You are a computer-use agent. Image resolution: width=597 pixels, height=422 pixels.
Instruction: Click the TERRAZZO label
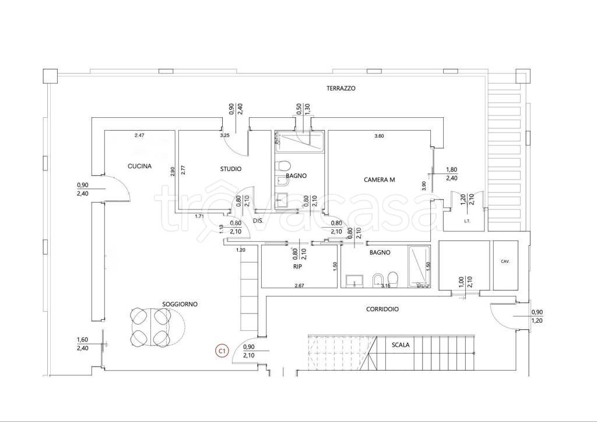coord(340,88)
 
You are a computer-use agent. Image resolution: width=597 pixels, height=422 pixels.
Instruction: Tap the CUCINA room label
coord(139,166)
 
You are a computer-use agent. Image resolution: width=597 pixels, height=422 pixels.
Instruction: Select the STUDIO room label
coord(231,169)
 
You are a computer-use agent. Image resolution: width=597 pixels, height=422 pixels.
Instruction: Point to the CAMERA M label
coord(379,180)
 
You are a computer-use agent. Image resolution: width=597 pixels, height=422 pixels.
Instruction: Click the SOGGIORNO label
coord(180,304)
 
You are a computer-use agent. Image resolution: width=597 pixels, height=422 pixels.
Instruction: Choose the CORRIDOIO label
coord(382,309)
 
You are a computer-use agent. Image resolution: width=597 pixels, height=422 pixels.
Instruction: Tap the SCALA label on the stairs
coord(401,345)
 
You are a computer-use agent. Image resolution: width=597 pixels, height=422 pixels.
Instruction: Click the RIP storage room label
coord(297,267)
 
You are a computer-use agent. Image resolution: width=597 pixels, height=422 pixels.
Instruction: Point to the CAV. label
coord(505,261)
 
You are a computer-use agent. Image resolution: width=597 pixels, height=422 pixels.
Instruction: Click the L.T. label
coord(467,221)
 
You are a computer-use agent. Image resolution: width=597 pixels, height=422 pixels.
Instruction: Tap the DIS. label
coord(258,221)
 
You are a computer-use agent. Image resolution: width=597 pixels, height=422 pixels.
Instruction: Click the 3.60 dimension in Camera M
coord(379,136)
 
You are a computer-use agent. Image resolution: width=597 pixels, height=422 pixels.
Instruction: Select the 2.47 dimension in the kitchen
coord(140,135)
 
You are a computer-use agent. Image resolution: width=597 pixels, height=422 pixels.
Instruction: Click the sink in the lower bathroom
coord(354,281)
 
